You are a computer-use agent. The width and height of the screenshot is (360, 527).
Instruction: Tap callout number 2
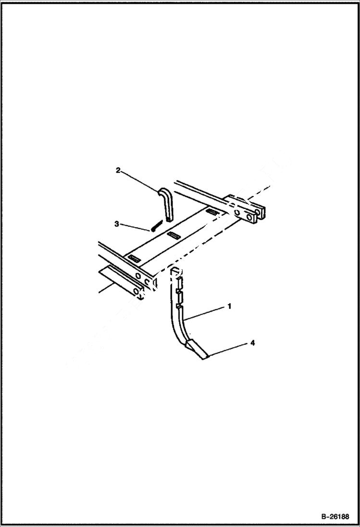(117, 170)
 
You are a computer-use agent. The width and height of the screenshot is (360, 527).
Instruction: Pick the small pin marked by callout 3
(155, 225)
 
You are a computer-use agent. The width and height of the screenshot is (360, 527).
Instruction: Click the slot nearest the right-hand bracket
(212, 211)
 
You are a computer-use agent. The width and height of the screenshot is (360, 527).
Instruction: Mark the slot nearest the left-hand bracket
(134, 259)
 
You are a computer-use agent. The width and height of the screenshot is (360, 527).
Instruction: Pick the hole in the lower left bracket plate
(137, 290)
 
